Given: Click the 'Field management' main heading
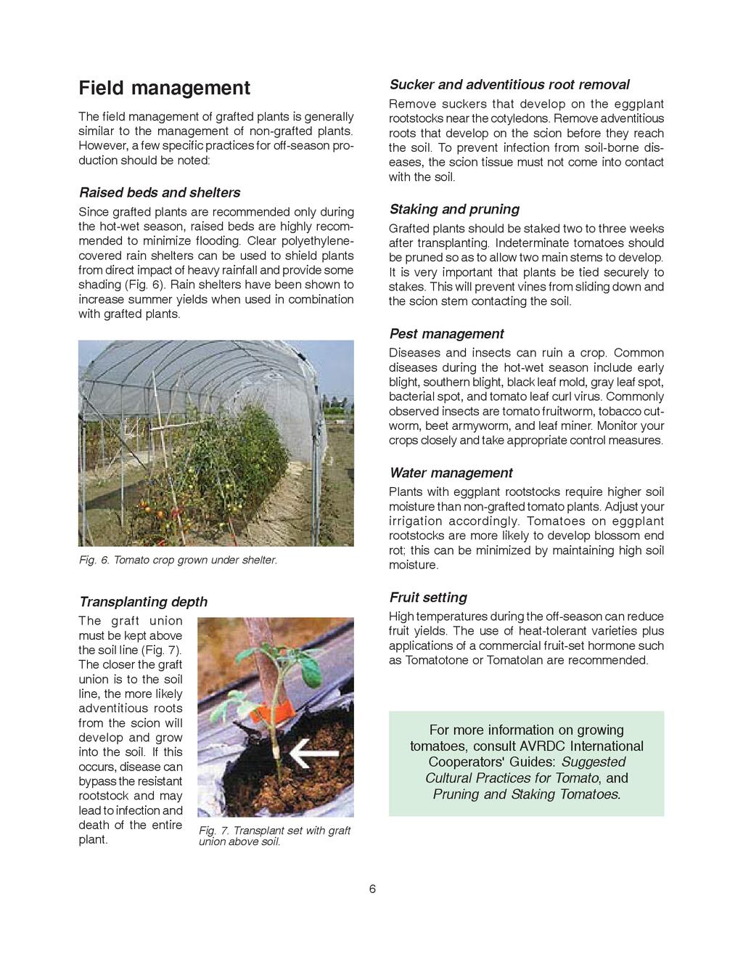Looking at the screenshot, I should click(164, 89).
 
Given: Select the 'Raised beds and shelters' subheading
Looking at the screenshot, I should click(159, 192).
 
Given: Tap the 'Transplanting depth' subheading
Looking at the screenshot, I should click(143, 602).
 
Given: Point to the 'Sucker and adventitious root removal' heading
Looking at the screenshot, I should click(509, 84).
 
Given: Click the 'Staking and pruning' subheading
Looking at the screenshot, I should click(454, 209).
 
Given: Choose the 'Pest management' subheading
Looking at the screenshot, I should click(446, 334).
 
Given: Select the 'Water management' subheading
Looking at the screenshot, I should click(451, 473).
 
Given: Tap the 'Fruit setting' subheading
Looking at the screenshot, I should click(428, 598).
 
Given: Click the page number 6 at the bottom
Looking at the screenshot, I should click(372, 889).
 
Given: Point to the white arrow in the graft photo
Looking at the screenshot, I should click(313, 756).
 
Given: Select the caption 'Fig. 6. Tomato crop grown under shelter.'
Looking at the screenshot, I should click(178, 561).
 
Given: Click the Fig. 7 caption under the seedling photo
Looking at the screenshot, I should click(274, 836).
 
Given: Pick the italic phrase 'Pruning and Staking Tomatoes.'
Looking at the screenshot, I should click(527, 794).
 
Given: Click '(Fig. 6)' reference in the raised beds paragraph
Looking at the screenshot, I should click(170, 285).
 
